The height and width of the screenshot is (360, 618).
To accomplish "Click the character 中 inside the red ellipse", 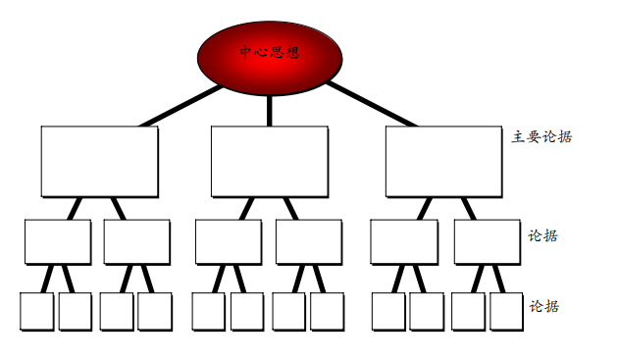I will tap(246, 52).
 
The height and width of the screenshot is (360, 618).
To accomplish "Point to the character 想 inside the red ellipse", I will tap(291, 52).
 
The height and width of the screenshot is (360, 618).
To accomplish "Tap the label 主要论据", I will tap(541, 136).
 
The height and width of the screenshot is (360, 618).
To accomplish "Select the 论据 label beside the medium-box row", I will tap(543, 235).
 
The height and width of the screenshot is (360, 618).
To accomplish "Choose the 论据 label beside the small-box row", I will tap(543, 306).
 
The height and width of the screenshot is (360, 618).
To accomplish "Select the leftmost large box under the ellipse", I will tap(99, 161).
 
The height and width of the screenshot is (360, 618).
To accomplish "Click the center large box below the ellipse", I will tap(270, 161).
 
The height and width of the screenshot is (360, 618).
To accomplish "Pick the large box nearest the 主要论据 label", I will tap(443, 161).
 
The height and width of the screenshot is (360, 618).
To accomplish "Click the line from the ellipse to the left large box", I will tap(181, 106).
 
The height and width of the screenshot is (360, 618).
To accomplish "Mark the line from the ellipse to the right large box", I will tap(371, 105).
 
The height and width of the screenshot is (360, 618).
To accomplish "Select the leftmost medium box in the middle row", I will tap(58, 241).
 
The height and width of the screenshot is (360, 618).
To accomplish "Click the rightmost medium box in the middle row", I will tap(487, 241).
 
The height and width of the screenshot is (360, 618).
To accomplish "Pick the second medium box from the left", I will tap(136, 241).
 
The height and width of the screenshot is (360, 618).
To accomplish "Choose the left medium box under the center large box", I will tap(228, 241).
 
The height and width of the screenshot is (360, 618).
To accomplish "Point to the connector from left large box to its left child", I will tap(75, 208).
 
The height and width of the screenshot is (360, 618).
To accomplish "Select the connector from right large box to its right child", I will tap(469, 208).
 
